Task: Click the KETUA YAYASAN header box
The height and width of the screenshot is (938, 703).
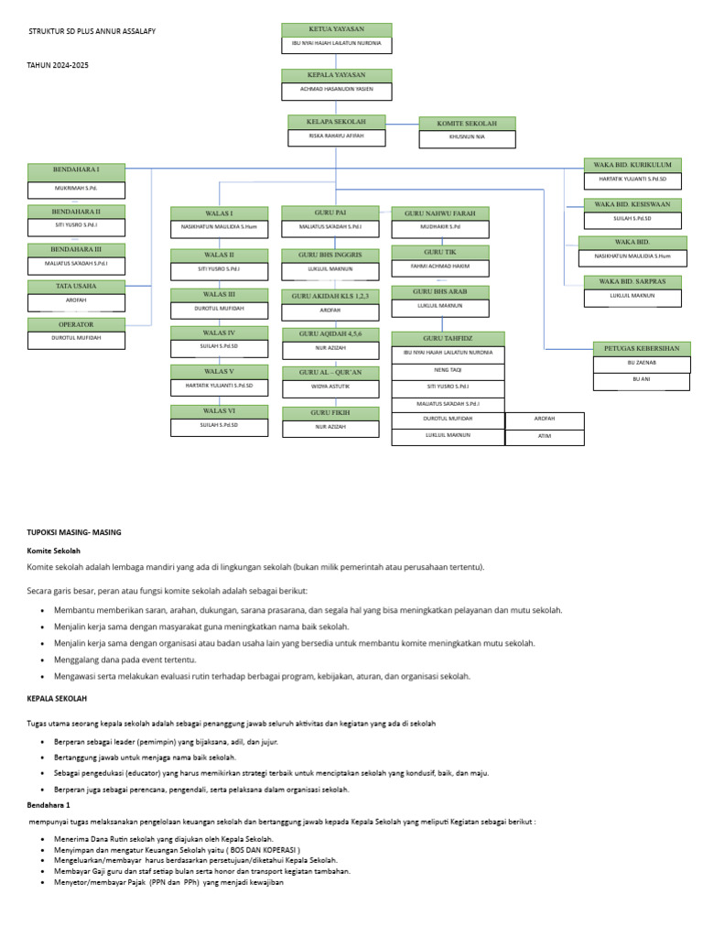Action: click(x=336, y=29)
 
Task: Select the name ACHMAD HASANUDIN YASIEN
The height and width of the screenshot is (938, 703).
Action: click(x=336, y=90)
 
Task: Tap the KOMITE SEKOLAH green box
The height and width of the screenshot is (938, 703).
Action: click(x=467, y=124)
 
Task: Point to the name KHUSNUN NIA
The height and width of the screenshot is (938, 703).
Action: click(x=467, y=138)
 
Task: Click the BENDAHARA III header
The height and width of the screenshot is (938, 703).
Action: click(x=76, y=248)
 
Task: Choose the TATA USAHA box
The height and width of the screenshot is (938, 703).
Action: click(x=76, y=286)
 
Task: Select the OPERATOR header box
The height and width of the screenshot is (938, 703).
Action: click(x=76, y=324)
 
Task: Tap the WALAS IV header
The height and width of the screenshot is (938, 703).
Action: click(x=219, y=333)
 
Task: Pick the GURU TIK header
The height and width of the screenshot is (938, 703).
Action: click(x=440, y=252)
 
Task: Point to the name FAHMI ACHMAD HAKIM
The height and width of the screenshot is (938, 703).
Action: click(x=440, y=267)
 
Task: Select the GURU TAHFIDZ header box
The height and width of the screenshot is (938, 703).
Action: click(x=448, y=338)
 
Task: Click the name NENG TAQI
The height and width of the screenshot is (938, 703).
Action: click(x=448, y=369)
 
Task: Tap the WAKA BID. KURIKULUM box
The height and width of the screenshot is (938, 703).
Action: click(x=633, y=164)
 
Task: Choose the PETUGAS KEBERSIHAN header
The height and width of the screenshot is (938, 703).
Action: click(x=642, y=348)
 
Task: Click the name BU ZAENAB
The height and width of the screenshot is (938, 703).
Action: click(x=641, y=363)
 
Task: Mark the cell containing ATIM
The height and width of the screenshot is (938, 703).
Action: click(x=545, y=436)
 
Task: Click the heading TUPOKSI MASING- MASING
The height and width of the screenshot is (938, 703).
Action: click(x=74, y=532)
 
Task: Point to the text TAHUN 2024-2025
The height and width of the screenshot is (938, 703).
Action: click(x=59, y=65)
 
